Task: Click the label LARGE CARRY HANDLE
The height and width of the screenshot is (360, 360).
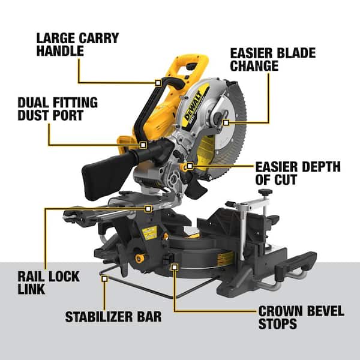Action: click(x=77, y=45)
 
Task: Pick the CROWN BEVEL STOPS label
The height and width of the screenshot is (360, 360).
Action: click(x=301, y=317)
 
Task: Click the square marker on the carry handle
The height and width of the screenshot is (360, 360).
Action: click(x=158, y=82)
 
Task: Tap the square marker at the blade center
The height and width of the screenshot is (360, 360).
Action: click(x=226, y=122)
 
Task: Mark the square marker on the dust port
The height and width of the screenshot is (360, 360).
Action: click(x=143, y=145)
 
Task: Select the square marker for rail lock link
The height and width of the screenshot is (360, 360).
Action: click(x=148, y=208)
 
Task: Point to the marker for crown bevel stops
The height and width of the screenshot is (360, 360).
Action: click(x=174, y=266)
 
